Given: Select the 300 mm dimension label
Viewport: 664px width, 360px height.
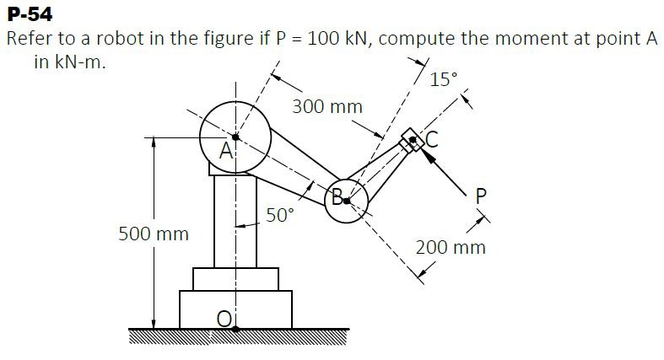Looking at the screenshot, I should pyautogui.click(x=327, y=107).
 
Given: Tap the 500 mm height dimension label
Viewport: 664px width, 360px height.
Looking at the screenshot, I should pyautogui.click(x=153, y=233).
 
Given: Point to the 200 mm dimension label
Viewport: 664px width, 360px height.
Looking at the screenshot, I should pyautogui.click(x=451, y=248).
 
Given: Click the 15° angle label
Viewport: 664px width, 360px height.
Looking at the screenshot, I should pyautogui.click(x=443, y=81).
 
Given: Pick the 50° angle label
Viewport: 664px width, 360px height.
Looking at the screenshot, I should pyautogui.click(x=281, y=215).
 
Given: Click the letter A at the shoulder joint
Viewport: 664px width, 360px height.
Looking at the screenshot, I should pyautogui.click(x=225, y=153).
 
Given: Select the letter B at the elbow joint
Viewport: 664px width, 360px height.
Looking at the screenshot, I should pyautogui.click(x=337, y=199).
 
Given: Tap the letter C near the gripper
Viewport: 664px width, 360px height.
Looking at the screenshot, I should pyautogui.click(x=431, y=142).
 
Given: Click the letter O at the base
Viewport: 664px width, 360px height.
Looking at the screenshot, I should pyautogui.click(x=224, y=318).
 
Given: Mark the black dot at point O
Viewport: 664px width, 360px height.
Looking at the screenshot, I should pyautogui.click(x=235, y=329).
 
